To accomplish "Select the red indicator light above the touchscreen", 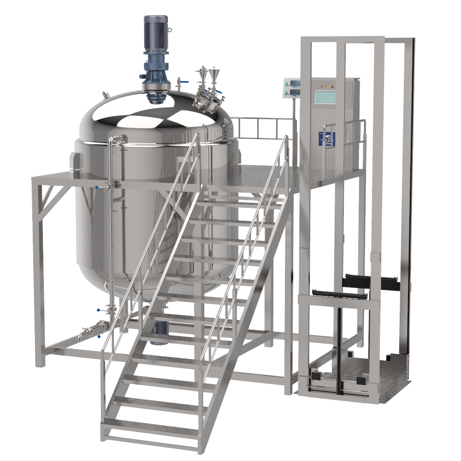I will (x=331, y=86).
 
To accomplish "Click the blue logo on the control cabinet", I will (x=329, y=139).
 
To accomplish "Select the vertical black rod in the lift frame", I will (x=340, y=341).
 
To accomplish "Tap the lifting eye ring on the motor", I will (x=170, y=30).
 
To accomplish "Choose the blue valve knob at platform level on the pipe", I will (x=96, y=187).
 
